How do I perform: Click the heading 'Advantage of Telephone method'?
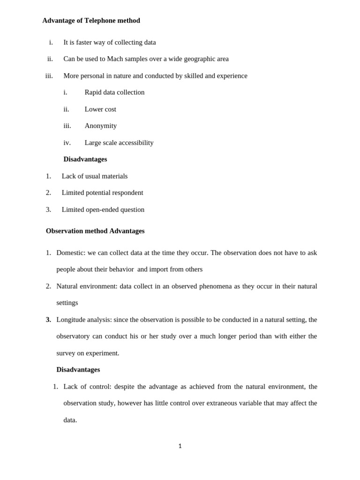(x=91, y=21)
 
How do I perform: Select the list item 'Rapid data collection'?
(x=114, y=92)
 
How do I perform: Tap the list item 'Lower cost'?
(x=100, y=109)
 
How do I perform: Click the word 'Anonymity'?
(x=100, y=126)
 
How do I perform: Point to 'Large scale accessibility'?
(x=119, y=142)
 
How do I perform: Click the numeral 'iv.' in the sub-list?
(x=67, y=142)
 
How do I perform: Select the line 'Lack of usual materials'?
(x=95, y=176)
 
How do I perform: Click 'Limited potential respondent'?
(x=102, y=193)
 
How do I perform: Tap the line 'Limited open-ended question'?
(x=103, y=210)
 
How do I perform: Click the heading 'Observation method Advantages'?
(x=95, y=231)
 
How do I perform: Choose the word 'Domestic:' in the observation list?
(x=71, y=253)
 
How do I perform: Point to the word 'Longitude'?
(x=72, y=320)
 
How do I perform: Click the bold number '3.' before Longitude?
(x=48, y=320)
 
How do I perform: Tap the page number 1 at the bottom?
(x=180, y=446)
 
